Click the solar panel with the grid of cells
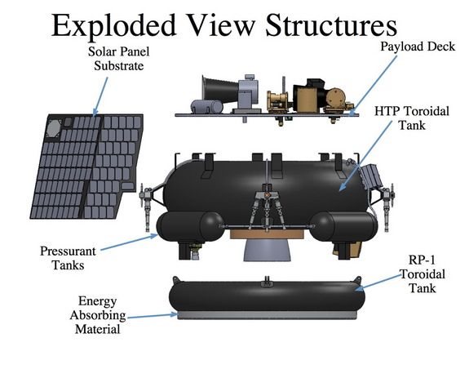[x=82, y=167]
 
